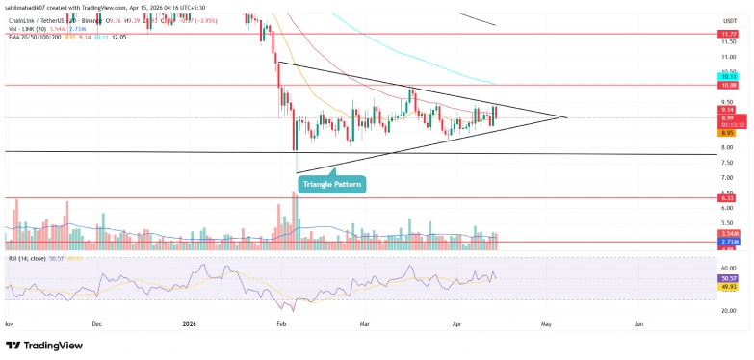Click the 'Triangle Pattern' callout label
click(331, 183)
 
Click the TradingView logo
click(43, 346)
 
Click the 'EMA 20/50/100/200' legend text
click(35, 36)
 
